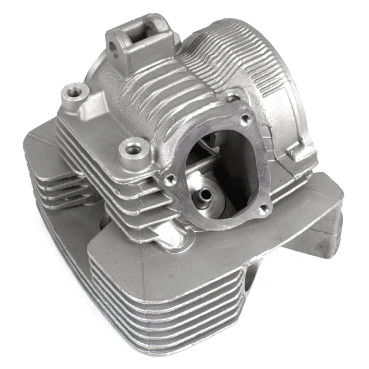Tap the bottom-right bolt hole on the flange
point(263,209)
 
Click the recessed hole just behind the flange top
point(231,97)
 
